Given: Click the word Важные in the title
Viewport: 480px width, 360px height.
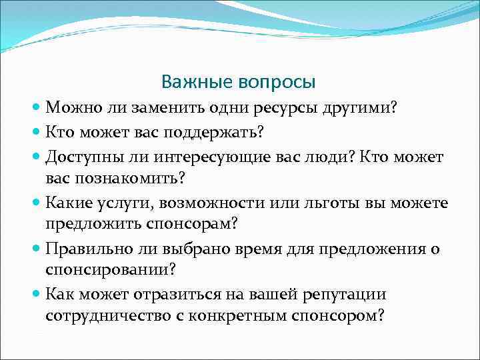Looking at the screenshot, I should (192, 83).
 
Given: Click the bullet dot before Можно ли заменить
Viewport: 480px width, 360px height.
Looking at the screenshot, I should (36, 108).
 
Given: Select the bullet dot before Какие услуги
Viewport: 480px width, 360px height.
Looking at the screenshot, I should (36, 203).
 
